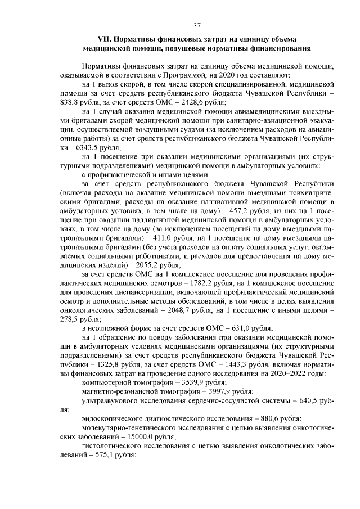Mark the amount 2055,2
click(144, 264)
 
